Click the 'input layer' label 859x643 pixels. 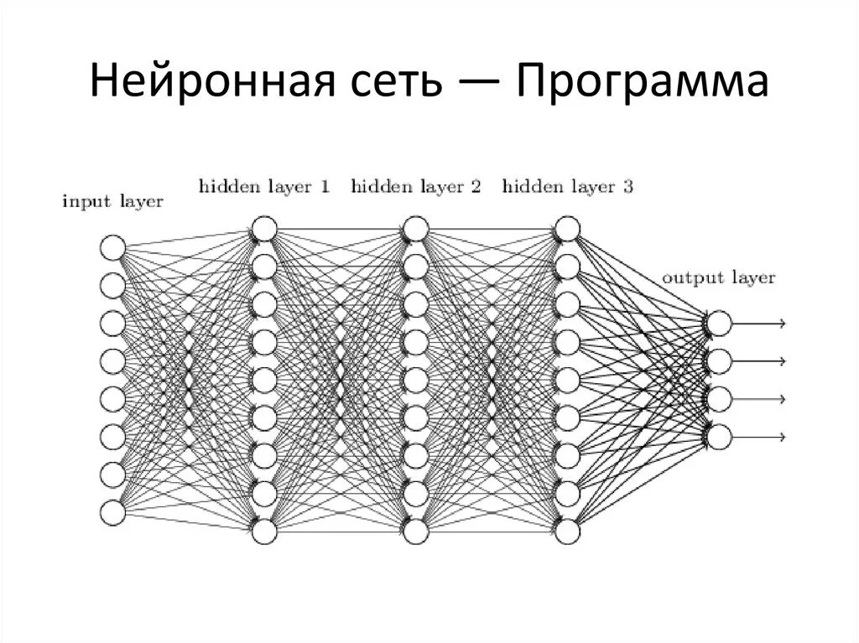tap(112, 202)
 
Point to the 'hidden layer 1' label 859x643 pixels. tap(263, 186)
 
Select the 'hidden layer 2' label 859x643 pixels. tap(415, 186)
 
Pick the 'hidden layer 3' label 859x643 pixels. tap(567, 186)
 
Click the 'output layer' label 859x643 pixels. tap(718, 277)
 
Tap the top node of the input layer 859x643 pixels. tap(112, 248)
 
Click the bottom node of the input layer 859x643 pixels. tap(112, 512)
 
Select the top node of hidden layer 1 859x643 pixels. tap(263, 229)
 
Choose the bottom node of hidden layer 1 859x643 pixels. tap(263, 532)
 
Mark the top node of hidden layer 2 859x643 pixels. tap(415, 229)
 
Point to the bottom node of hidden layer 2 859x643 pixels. tap(415, 532)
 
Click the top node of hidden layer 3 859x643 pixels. tap(567, 229)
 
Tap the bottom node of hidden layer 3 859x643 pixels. tap(567, 532)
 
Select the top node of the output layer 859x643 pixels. tap(719, 324)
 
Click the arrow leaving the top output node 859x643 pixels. tap(759, 324)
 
